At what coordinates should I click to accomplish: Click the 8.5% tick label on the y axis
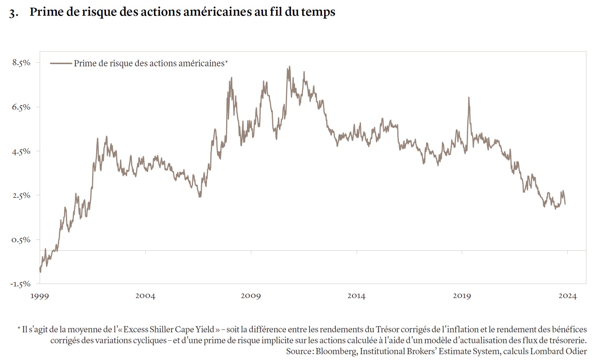click(x=21, y=63)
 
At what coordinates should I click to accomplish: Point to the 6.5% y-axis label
click(x=21, y=107)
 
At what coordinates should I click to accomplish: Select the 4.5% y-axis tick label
click(x=21, y=151)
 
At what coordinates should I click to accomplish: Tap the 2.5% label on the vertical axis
click(x=21, y=195)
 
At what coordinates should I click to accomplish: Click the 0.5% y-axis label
click(x=21, y=240)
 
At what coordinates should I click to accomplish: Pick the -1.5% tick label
click(x=20, y=284)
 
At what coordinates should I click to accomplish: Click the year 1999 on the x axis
click(x=39, y=296)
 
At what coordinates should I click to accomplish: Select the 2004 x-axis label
click(x=145, y=296)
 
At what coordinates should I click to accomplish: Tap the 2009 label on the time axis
click(x=251, y=296)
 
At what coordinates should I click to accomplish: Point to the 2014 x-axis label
click(x=356, y=296)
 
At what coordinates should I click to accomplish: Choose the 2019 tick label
click(x=462, y=296)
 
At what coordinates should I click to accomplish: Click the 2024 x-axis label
click(x=567, y=296)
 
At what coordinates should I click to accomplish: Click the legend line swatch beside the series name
click(x=61, y=63)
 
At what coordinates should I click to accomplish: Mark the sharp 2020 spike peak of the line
click(x=469, y=97)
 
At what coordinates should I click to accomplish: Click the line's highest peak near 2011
click(x=290, y=66)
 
